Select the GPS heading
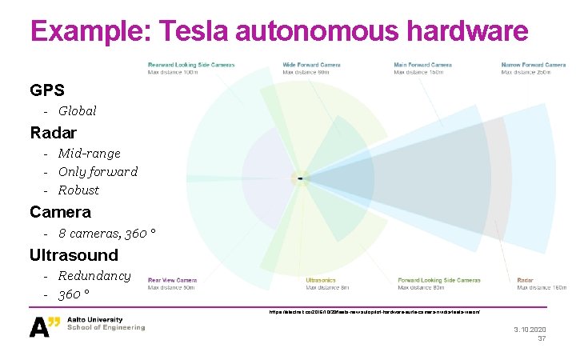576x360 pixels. coord(47,90)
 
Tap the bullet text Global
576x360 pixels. coord(77,111)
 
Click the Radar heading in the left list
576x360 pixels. coord(54,132)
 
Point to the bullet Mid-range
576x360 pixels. coord(89,154)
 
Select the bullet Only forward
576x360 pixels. coord(98,172)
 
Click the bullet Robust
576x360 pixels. coord(78,190)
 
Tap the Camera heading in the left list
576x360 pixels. coord(60,213)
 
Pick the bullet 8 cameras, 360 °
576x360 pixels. coord(106,234)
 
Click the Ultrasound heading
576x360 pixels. coord(74,255)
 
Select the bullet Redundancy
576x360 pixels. coord(94,276)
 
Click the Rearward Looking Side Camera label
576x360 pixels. coord(191,65)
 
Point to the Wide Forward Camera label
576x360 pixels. coord(311,65)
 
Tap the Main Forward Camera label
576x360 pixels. coord(422,65)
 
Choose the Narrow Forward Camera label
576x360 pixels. coord(533,65)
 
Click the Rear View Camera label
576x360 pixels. coord(172,281)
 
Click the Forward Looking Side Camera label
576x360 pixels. coord(438,281)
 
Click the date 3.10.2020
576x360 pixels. coord(528,330)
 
